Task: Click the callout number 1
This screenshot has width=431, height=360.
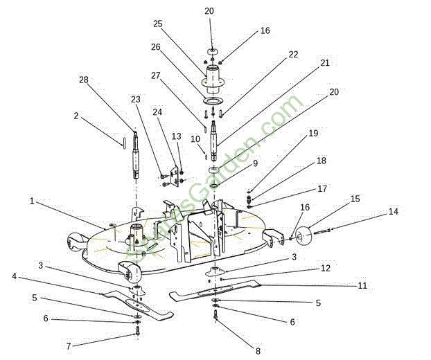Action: (32, 201)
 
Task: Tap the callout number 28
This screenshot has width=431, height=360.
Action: (85, 80)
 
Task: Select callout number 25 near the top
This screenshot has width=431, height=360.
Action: (158, 24)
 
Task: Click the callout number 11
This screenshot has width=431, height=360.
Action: (362, 285)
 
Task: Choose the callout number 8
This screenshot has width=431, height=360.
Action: (258, 351)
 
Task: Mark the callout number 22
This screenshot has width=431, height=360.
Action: (294, 55)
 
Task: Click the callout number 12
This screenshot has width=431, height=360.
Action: (325, 268)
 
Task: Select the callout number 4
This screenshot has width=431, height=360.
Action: (14, 276)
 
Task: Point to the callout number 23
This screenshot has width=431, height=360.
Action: (136, 99)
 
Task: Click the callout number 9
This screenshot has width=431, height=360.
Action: (256, 163)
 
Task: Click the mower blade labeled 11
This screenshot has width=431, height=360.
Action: (208, 294)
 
